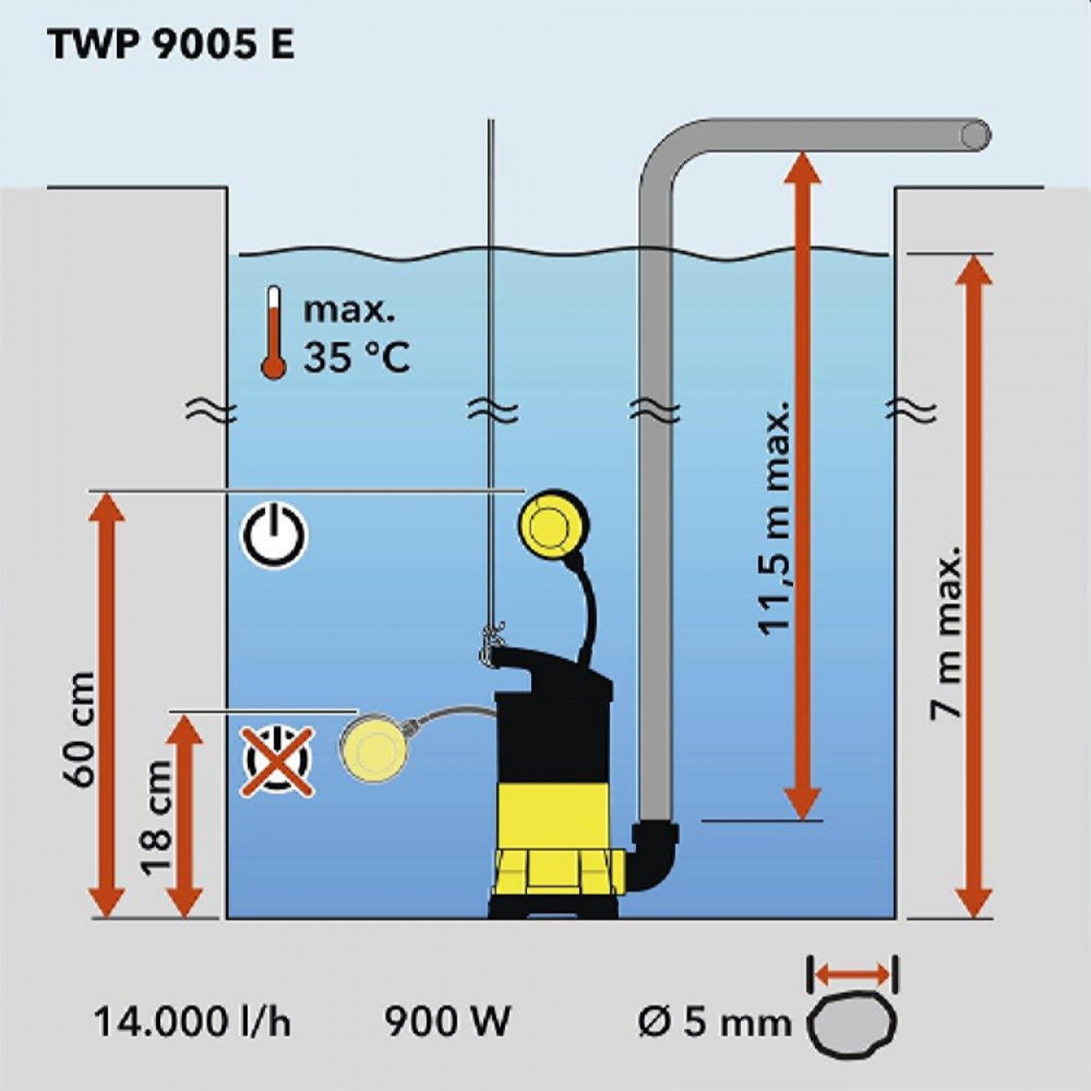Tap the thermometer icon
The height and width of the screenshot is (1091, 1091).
click(x=273, y=333)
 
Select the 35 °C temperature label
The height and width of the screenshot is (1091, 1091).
click(x=357, y=358)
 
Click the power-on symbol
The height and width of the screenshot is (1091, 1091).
click(x=275, y=535)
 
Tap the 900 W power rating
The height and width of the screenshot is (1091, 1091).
click(x=447, y=1022)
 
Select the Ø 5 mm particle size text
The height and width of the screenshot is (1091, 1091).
click(x=714, y=1022)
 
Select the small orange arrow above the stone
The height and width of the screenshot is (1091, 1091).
click(x=853, y=974)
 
